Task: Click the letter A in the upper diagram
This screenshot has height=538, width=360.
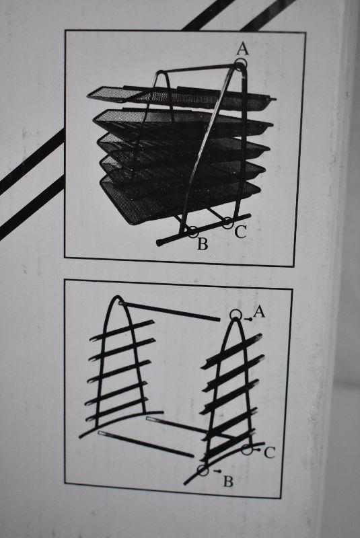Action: (243, 48)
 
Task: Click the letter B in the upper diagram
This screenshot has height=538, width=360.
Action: (203, 244)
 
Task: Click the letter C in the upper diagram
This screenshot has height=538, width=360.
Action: (241, 232)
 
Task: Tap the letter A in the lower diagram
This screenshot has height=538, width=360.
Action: (260, 312)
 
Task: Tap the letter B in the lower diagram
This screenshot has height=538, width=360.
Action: (228, 482)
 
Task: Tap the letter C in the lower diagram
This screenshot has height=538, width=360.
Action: (269, 453)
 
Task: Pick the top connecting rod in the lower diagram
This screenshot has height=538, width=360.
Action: (170, 311)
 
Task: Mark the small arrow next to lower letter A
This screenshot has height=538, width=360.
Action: (248, 319)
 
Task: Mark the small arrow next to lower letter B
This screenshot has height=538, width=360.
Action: (218, 472)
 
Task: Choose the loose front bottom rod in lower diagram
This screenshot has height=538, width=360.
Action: (146, 444)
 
